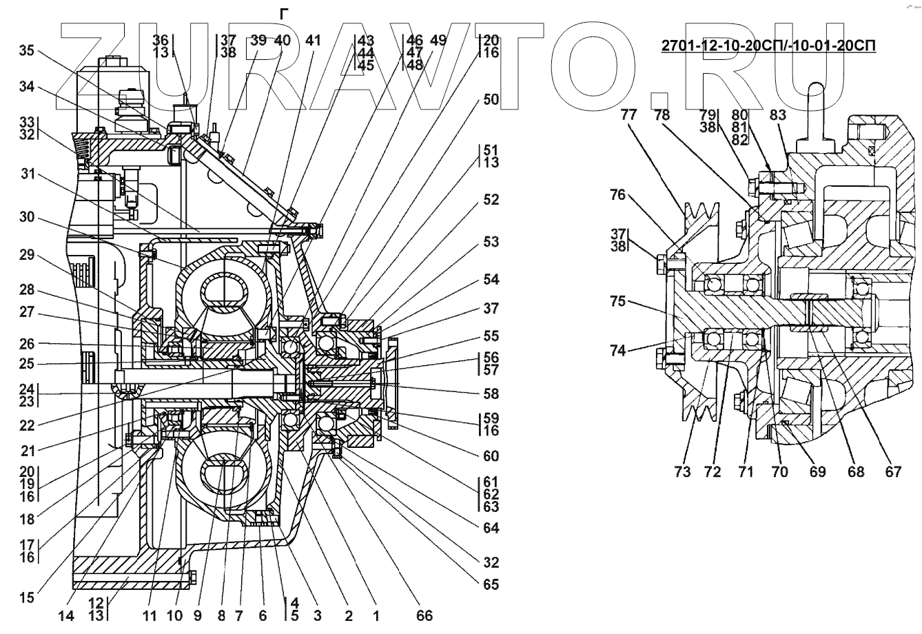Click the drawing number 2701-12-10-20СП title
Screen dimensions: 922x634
pyautogui.click(x=768, y=45)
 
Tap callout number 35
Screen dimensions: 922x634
pyautogui.click(x=27, y=50)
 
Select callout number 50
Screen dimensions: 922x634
pyautogui.click(x=491, y=99)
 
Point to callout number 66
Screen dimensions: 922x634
pyautogui.click(x=424, y=615)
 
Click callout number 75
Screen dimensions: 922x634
pyautogui.click(x=618, y=301)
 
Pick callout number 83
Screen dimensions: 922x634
pyautogui.click(x=778, y=115)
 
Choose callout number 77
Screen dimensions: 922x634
pyautogui.click(x=629, y=114)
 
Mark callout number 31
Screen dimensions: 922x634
pyautogui.click(x=28, y=174)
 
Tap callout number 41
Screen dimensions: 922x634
pyautogui.click(x=314, y=41)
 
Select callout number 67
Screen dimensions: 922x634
pyautogui.click(x=893, y=471)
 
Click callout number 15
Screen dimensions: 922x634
pyautogui.click(x=27, y=597)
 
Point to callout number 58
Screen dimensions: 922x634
pyautogui.click(x=491, y=394)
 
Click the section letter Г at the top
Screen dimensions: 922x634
pyautogui.click(x=284, y=14)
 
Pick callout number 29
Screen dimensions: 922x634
pyautogui.click(x=27, y=255)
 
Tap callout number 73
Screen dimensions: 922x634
pyautogui.click(x=682, y=471)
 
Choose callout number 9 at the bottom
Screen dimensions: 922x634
pyautogui.click(x=198, y=616)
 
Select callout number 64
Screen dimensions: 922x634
pyautogui.click(x=491, y=528)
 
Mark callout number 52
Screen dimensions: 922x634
pyautogui.click(x=491, y=200)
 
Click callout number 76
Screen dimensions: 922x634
pyautogui.click(x=618, y=195)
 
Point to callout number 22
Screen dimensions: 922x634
pyautogui.click(x=27, y=425)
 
